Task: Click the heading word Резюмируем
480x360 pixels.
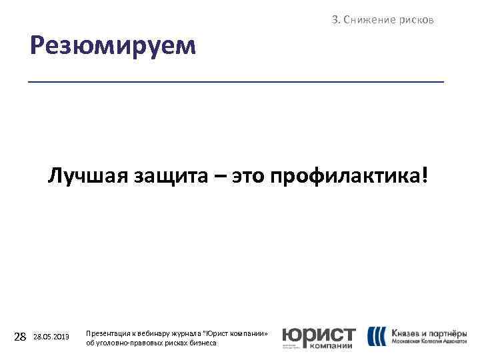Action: [113, 46]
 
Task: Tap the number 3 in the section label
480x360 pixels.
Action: [335, 20]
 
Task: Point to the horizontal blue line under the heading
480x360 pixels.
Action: [236, 81]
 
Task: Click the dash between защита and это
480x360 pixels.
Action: [220, 178]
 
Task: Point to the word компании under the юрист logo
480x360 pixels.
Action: [331, 346]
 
